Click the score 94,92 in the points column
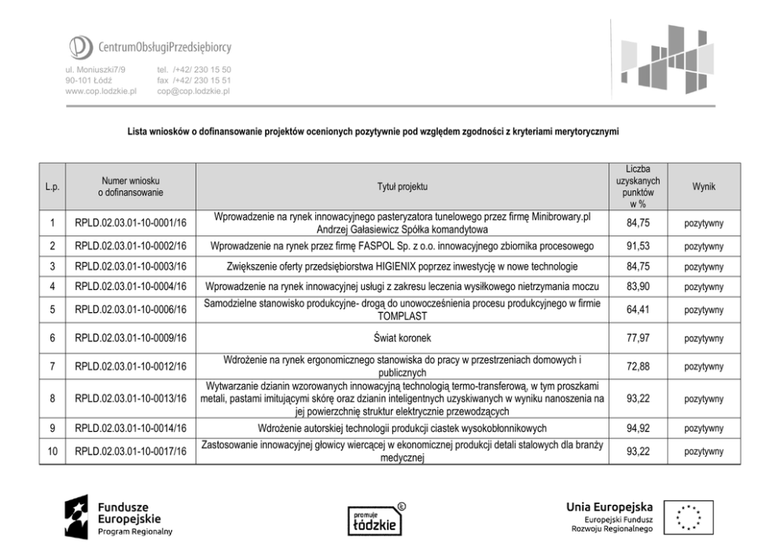tap(638, 429)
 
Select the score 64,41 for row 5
tap(638, 310)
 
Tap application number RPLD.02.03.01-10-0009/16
tap(131, 339)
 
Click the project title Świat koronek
tap(402, 339)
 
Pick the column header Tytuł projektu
tap(402, 186)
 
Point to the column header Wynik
tap(704, 186)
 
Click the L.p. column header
tap(52, 186)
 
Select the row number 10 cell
tap(52, 451)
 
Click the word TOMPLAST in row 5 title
tap(402, 316)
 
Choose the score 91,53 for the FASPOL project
tap(638, 246)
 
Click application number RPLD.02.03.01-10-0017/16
tap(131, 451)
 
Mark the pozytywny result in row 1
tap(704, 224)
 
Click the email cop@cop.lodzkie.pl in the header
tap(193, 91)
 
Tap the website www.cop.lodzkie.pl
tap(101, 91)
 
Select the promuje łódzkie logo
tap(373, 520)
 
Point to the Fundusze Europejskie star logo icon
tap(77, 517)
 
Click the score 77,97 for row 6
tap(638, 339)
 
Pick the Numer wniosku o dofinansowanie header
tap(131, 186)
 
